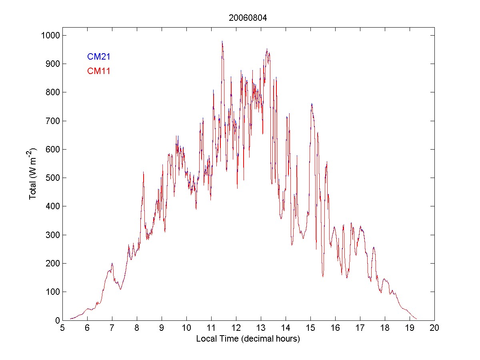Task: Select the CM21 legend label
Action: click(99, 57)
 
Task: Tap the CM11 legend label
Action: click(99, 72)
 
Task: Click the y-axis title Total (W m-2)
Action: click(32, 174)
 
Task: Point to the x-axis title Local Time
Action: click(248, 339)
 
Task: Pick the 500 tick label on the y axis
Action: click(52, 178)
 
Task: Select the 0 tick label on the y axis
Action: click(58, 320)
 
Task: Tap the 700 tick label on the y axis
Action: click(52, 121)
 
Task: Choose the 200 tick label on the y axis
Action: click(52, 263)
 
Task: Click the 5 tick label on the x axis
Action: click(62, 328)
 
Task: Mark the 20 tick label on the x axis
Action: click(434, 328)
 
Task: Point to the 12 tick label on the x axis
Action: click(236, 328)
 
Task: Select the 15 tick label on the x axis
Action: click(310, 328)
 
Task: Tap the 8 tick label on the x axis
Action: click(137, 328)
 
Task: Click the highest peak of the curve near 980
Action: click(222, 41)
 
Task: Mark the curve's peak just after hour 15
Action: click(312, 104)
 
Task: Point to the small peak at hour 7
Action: click(112, 263)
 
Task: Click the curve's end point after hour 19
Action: click(417, 319)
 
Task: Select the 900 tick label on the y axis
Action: click(52, 64)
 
